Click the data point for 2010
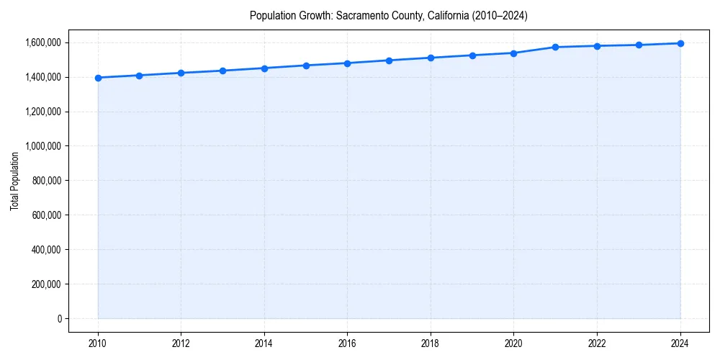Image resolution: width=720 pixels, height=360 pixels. click(x=98, y=78)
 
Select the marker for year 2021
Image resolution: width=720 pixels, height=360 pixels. click(x=555, y=48)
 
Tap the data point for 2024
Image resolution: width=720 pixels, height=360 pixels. click(x=680, y=43)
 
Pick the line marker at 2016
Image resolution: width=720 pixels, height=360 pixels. click(x=347, y=63)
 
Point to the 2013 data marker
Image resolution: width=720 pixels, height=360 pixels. click(x=222, y=71)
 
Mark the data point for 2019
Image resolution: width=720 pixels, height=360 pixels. click(x=472, y=55)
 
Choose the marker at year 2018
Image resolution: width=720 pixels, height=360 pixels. click(x=431, y=58)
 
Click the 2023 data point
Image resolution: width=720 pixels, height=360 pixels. click(x=639, y=45)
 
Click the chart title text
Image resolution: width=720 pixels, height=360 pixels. click(x=388, y=16)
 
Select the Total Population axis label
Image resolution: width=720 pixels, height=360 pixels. click(x=14, y=181)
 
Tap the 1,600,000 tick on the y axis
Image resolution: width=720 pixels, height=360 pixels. click(x=42, y=42)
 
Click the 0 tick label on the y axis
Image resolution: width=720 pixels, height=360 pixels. click(x=58, y=319)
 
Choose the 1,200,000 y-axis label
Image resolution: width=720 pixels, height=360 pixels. click(x=42, y=112)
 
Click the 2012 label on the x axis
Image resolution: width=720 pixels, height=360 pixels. click(x=181, y=343)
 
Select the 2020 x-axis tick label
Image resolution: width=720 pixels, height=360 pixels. click(x=514, y=343)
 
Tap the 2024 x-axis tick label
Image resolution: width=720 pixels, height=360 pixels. click(x=680, y=343)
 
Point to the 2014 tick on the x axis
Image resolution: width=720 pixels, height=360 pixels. click(x=264, y=343)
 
